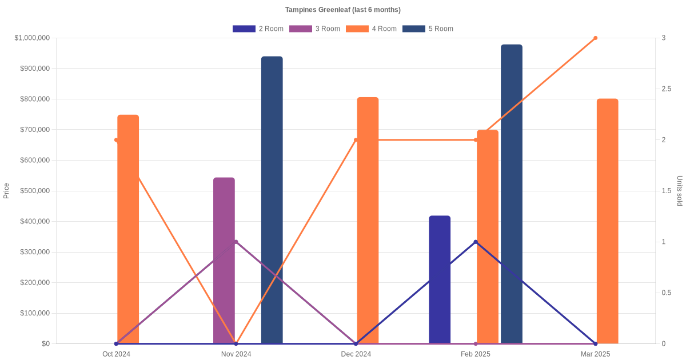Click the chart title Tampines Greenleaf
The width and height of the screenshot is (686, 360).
tap(342, 10)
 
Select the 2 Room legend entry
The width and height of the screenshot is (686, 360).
tap(258, 29)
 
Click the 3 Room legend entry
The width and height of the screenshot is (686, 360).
tap(314, 29)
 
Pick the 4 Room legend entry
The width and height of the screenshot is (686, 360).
tap(371, 29)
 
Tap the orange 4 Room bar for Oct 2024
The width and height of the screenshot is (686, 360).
tap(128, 229)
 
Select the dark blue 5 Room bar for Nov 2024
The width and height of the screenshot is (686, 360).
tap(272, 200)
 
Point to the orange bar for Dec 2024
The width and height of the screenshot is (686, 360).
tap(368, 220)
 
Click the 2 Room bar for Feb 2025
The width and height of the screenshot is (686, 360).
tap(440, 280)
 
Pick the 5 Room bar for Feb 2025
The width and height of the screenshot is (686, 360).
tap(512, 194)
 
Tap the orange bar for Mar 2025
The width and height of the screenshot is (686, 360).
tap(607, 221)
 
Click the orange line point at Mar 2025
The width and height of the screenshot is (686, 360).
tap(595, 38)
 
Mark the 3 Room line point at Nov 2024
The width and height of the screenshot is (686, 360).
tap(236, 242)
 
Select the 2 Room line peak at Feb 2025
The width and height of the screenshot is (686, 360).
tap(476, 242)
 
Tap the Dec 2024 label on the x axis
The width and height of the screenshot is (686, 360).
tap(356, 354)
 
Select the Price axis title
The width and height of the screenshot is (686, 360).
tap(6, 191)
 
